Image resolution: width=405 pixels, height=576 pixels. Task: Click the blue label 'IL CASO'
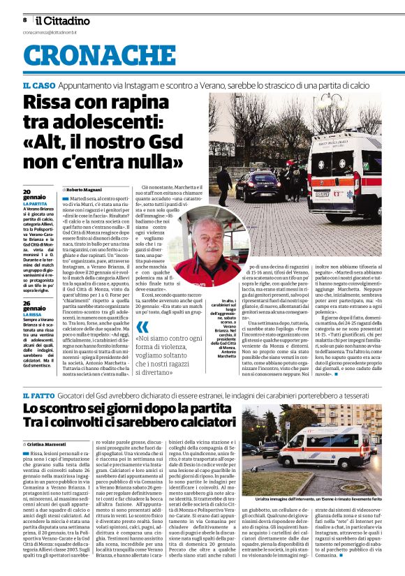click(38, 84)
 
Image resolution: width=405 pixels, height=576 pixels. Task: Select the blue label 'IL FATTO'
click(39, 396)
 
